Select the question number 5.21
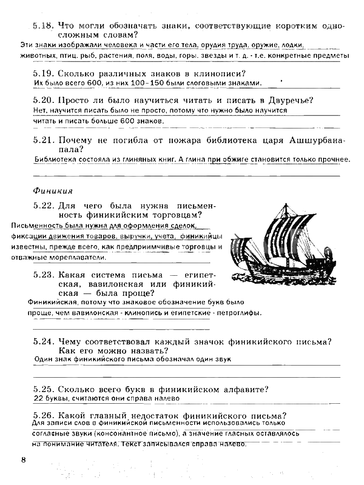(44, 141)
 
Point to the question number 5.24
(44, 342)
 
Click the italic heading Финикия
(53, 191)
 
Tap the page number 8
(24, 459)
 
